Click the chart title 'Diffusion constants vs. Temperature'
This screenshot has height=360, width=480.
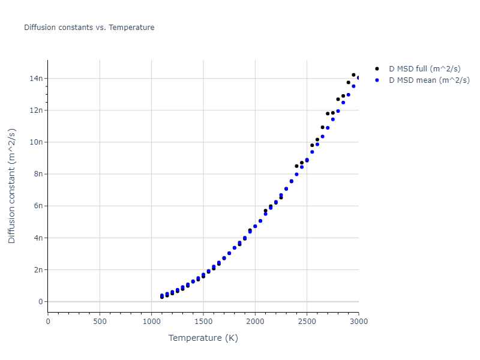[89, 28]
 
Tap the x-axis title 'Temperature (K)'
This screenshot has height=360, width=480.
[203, 338]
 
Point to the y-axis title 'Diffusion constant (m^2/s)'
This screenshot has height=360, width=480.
[12, 186]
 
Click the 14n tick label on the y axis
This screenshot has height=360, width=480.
[35, 79]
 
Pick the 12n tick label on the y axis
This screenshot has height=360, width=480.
[35, 110]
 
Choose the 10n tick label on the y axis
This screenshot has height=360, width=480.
[35, 142]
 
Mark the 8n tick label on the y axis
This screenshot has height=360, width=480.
[37, 174]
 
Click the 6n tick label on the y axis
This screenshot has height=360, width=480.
[37, 206]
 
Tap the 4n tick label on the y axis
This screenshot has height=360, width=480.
[37, 238]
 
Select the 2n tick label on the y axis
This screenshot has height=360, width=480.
[37, 270]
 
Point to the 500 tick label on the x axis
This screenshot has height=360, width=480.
[100, 321]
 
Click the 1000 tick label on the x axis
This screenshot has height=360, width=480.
[151, 321]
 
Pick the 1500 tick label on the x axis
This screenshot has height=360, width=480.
[203, 321]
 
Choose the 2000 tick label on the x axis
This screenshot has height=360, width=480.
[255, 321]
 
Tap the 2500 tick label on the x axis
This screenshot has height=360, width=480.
[307, 321]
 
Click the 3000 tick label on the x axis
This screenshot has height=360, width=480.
[358, 321]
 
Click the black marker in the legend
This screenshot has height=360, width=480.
[377, 69]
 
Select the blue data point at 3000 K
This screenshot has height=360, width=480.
[358, 77]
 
